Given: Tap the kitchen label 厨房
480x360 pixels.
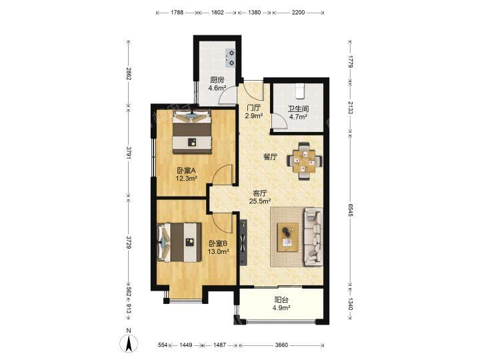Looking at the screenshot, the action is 217,80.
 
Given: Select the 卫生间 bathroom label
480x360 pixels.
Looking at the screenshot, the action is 298,109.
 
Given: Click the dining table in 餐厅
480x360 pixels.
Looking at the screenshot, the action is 304,161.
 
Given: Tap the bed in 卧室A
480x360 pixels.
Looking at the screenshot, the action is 192,131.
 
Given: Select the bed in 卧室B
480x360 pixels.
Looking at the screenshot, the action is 179,243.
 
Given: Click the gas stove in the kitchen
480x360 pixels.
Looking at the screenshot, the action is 230,58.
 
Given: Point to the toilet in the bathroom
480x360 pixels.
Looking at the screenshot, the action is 299,90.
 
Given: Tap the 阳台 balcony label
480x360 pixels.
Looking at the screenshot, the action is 281,300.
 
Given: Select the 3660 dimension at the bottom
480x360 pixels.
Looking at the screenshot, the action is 281,345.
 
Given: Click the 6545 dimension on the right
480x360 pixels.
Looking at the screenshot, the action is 351,210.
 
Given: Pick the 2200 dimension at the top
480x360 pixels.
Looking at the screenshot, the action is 298,13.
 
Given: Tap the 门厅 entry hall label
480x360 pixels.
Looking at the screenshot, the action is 254,108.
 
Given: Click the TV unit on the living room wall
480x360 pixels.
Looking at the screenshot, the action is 243,243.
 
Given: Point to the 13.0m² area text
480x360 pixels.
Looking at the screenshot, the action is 218,252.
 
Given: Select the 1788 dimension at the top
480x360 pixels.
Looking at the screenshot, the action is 177,13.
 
